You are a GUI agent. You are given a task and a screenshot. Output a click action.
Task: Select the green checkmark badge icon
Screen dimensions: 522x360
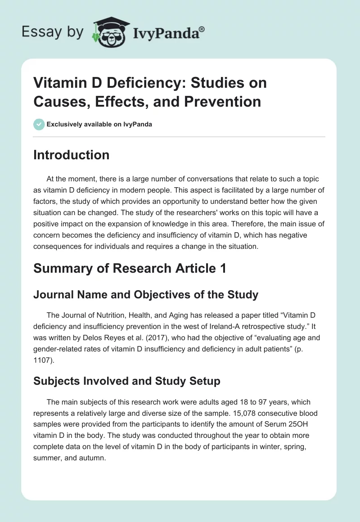(39, 124)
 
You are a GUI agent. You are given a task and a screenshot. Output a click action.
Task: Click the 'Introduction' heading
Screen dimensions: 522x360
(71, 155)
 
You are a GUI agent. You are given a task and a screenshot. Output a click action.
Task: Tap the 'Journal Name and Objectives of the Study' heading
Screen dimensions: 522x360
(146, 295)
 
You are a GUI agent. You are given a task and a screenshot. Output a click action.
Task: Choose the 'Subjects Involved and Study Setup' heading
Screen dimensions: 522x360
(127, 381)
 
